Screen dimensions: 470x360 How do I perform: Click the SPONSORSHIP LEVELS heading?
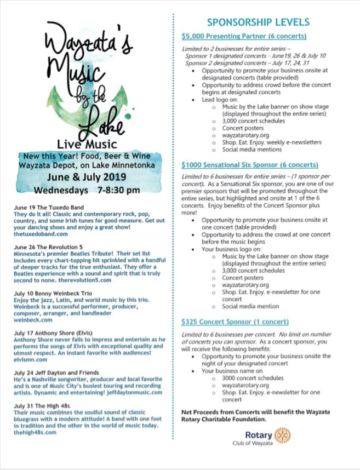point(258,22)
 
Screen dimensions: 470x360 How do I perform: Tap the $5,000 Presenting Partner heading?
point(244,37)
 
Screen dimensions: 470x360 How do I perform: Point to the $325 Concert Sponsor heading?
point(235,322)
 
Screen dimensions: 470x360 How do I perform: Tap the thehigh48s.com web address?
point(36,432)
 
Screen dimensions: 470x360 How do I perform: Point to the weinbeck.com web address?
point(34,320)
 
